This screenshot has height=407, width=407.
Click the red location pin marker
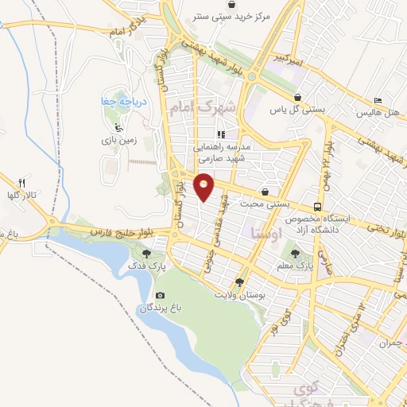[x=204, y=186]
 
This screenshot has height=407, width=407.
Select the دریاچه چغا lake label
[x=114, y=102]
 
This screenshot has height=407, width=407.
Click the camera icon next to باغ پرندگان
[x=161, y=296]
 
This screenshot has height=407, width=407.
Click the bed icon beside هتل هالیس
[x=379, y=101]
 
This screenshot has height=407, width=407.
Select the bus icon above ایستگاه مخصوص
[x=318, y=207]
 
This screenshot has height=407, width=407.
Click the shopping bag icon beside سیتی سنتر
[x=196, y=14]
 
